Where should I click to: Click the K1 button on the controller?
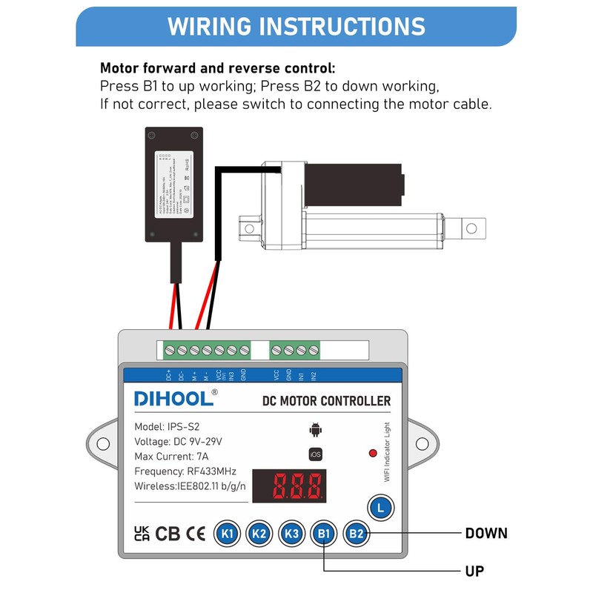point(227,533)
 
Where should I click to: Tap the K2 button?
point(259,533)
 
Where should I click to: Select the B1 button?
point(323,533)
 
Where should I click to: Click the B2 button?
point(357,533)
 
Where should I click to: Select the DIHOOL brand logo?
point(175,398)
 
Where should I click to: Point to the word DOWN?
point(486,533)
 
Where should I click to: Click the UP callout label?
point(474,571)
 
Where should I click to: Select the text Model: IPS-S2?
point(167,427)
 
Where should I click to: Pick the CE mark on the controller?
point(196,534)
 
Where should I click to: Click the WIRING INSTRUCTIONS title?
point(296,27)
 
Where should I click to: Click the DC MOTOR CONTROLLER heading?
point(326,401)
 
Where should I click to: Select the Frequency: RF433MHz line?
point(185,471)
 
